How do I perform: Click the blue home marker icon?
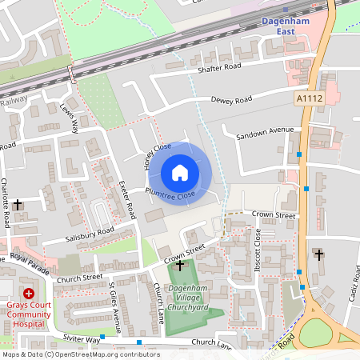[x=180, y=173]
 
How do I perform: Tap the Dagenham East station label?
[x=286, y=26]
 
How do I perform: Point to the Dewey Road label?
[x=231, y=100]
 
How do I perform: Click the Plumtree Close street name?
[x=170, y=194]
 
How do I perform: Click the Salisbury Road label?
[x=90, y=234]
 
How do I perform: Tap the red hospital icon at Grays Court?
[x=30, y=294]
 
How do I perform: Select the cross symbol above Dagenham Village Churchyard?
[x=180, y=265]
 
